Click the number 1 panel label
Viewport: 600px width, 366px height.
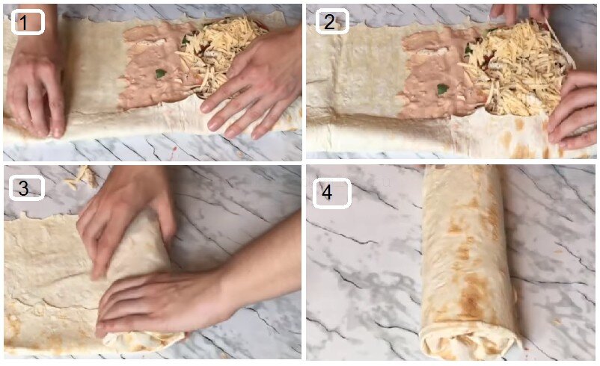(28, 22)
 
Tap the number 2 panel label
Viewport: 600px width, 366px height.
(331, 22)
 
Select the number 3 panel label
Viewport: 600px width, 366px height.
(26, 187)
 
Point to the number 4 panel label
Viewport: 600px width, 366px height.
(331, 193)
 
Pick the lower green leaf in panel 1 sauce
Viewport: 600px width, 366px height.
(161, 73)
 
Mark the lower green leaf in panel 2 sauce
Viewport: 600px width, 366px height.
(443, 90)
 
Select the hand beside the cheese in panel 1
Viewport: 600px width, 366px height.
(253, 84)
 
